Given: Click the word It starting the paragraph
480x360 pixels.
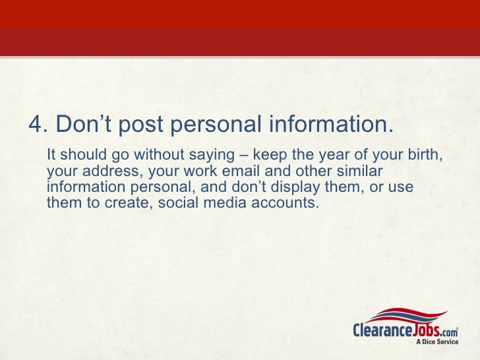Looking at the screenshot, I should click(52, 156).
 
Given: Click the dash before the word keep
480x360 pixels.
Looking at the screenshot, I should click(243, 156).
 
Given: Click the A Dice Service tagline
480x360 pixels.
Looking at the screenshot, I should click(435, 341).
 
